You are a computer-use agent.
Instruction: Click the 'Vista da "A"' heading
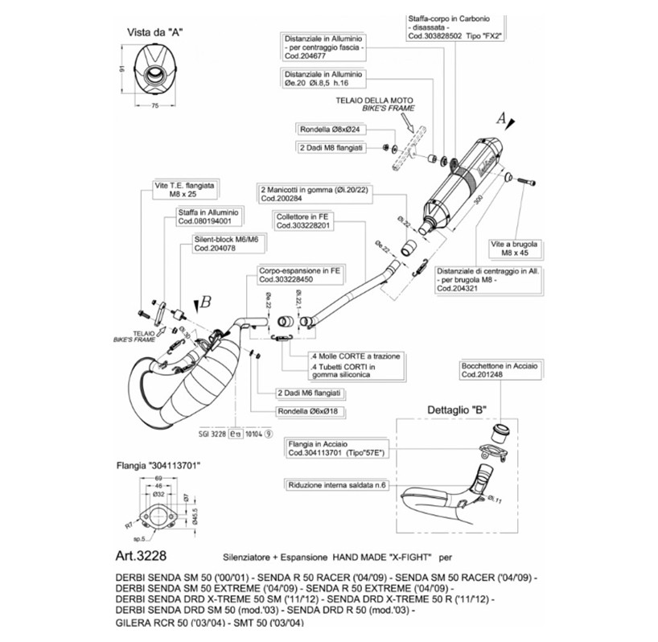coord(156,33)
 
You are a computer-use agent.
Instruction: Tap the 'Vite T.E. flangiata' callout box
coord(180,189)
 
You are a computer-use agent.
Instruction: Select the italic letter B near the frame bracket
coord(205,302)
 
